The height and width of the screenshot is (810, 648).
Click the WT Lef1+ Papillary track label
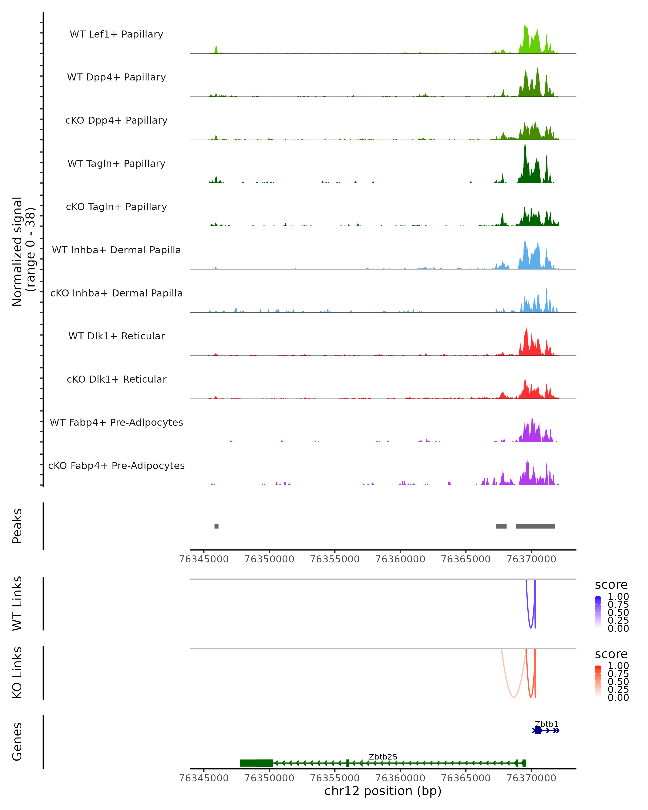(116, 34)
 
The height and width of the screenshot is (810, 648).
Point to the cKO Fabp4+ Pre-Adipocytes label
(116, 465)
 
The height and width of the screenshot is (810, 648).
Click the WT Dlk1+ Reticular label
(116, 336)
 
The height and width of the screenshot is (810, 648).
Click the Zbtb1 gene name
(546, 724)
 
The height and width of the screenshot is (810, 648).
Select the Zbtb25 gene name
(383, 757)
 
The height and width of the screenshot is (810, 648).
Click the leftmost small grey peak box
(216, 526)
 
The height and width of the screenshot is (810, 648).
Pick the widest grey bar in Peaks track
(535, 526)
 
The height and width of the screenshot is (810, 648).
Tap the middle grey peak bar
(501, 526)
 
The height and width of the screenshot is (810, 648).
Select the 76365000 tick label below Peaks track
(465, 559)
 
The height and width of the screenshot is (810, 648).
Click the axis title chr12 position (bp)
(383, 791)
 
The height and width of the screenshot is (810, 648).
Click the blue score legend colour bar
(598, 612)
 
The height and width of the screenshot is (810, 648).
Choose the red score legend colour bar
(598, 681)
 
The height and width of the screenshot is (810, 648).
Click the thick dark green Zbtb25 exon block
(256, 763)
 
